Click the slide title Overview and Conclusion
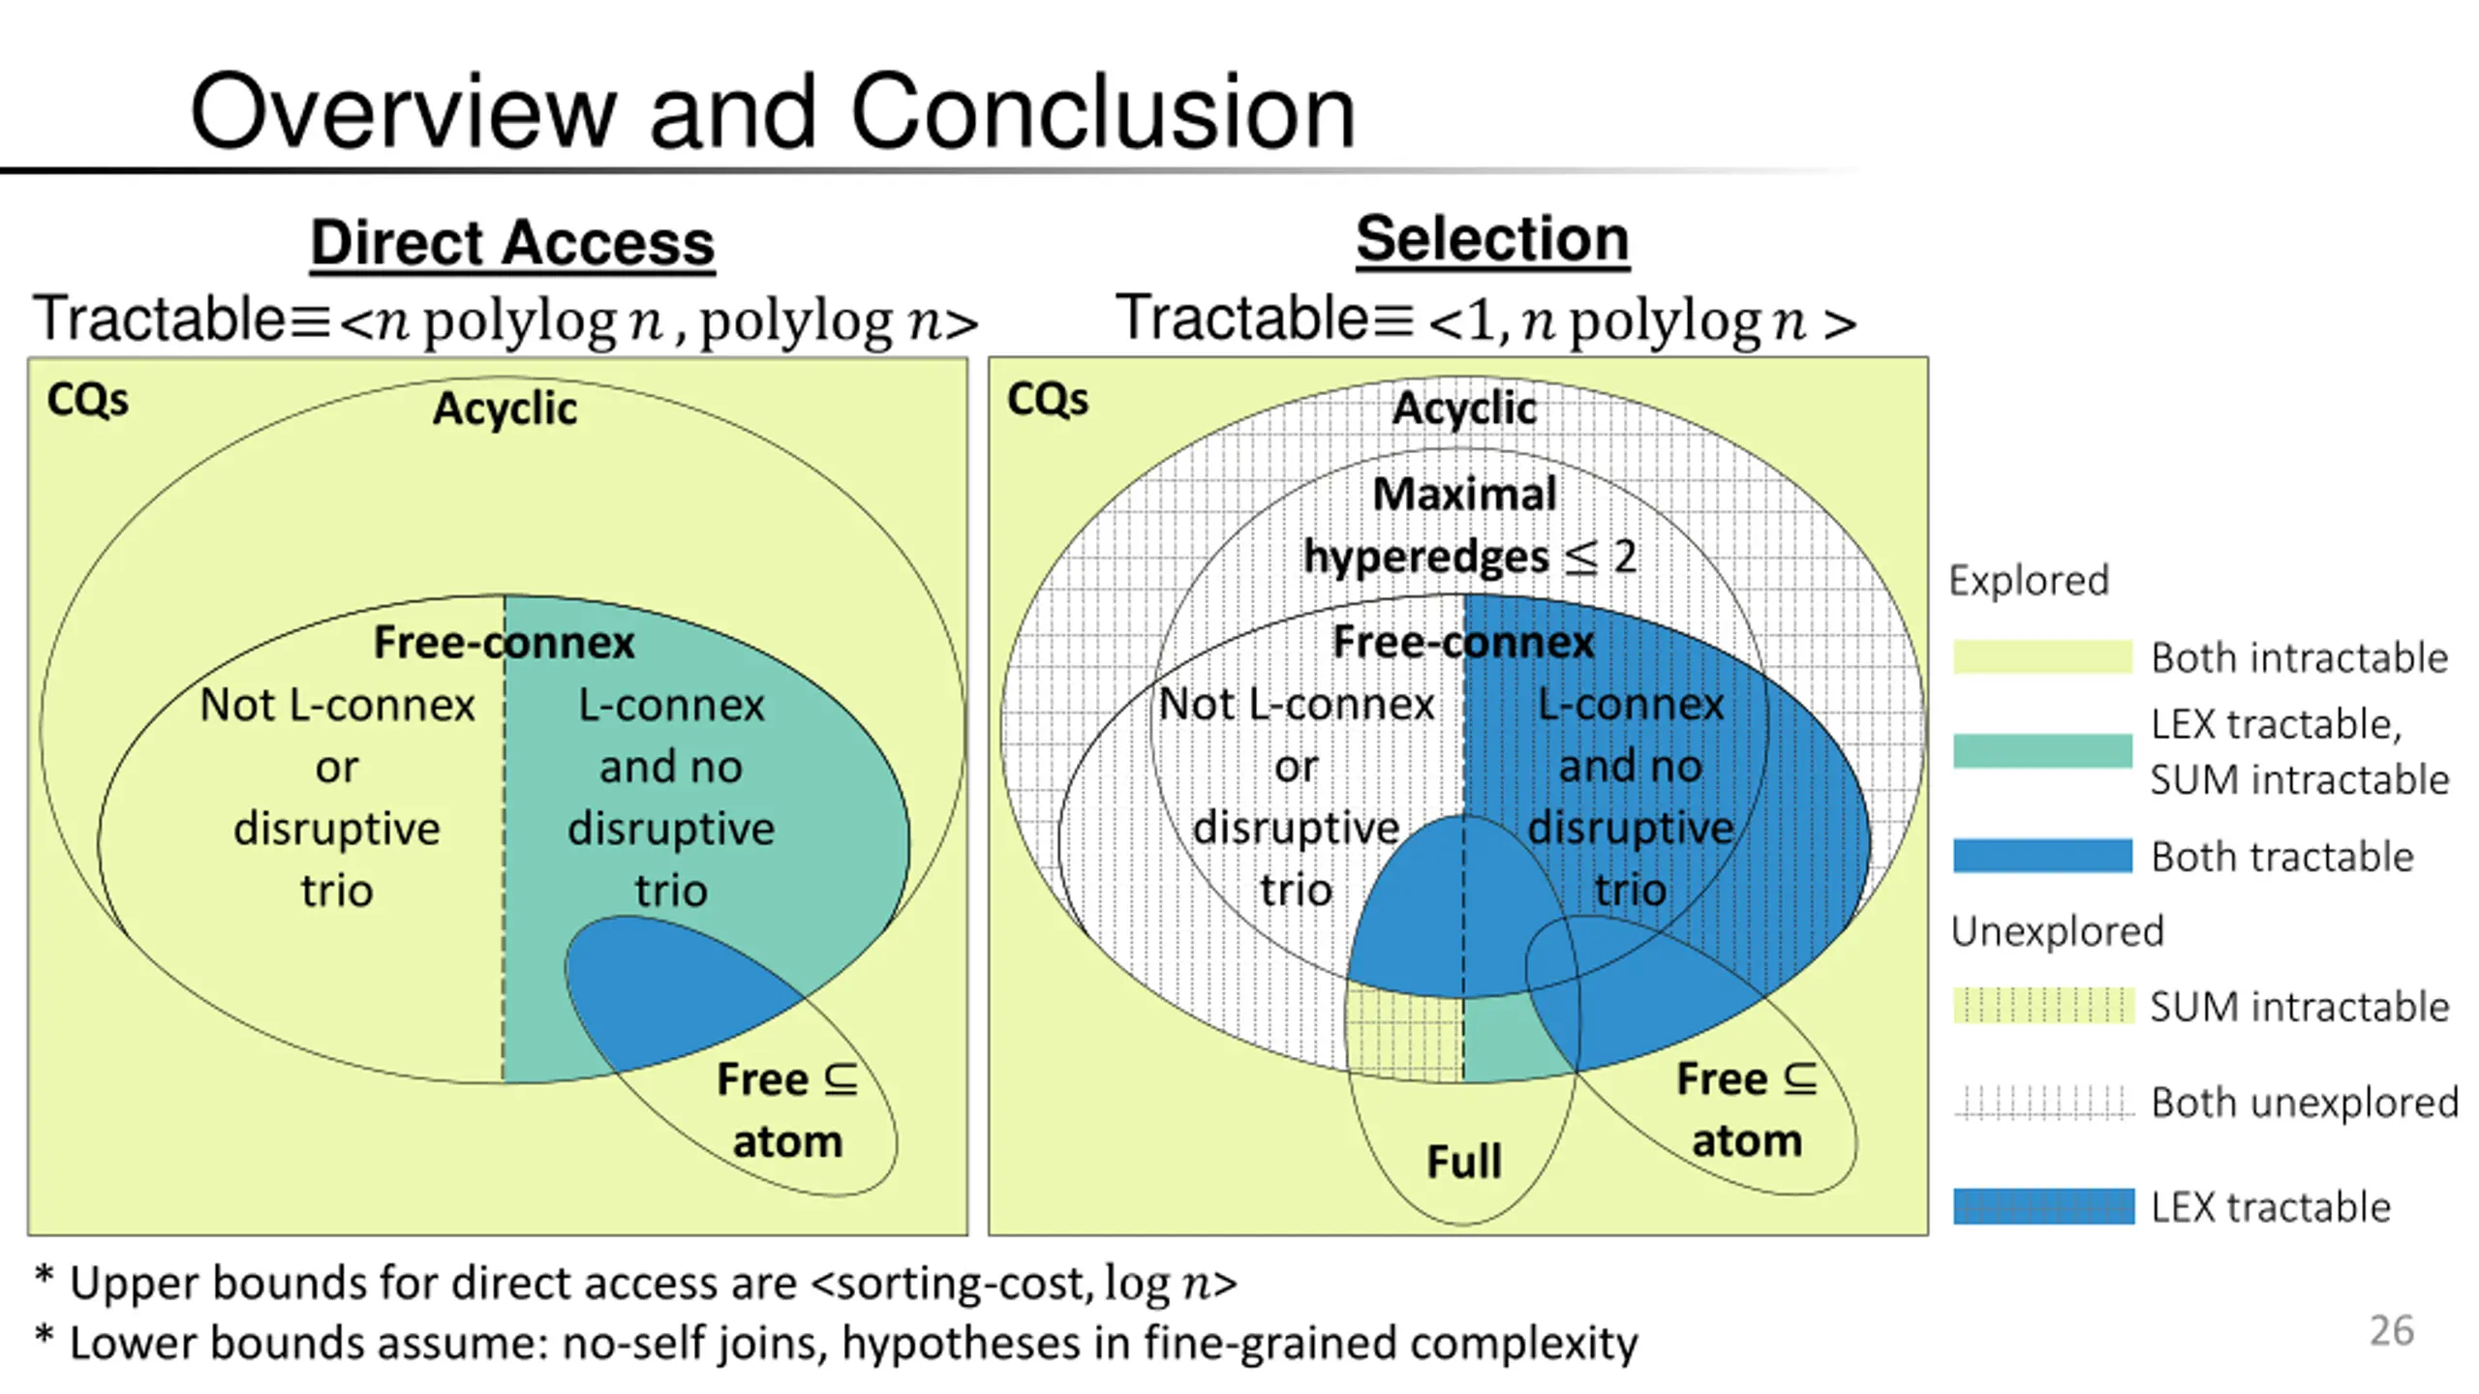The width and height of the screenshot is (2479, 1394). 773,111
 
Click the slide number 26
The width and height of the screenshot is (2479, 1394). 2391,1330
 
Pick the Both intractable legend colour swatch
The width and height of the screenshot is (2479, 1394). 2042,656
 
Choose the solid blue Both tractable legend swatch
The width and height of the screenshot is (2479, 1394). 2042,856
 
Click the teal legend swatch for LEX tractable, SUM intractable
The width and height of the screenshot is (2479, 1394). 2042,750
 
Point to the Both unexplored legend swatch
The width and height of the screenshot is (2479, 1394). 2042,1102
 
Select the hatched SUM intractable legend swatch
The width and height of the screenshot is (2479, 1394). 2042,1005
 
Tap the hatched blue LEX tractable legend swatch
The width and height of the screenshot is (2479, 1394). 2042,1206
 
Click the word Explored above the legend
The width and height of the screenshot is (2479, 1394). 2029,581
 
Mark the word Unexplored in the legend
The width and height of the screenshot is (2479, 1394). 2057,931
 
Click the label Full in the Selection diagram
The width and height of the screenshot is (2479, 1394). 1464,1161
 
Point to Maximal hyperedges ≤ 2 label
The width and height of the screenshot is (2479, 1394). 1469,526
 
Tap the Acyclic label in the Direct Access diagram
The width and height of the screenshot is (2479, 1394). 505,409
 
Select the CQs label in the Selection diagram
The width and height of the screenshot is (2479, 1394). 1048,399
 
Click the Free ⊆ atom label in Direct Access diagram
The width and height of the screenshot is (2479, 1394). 787,1110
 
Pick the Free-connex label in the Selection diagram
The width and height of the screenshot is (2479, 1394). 1463,642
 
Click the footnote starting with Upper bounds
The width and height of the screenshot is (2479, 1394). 635,1284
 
